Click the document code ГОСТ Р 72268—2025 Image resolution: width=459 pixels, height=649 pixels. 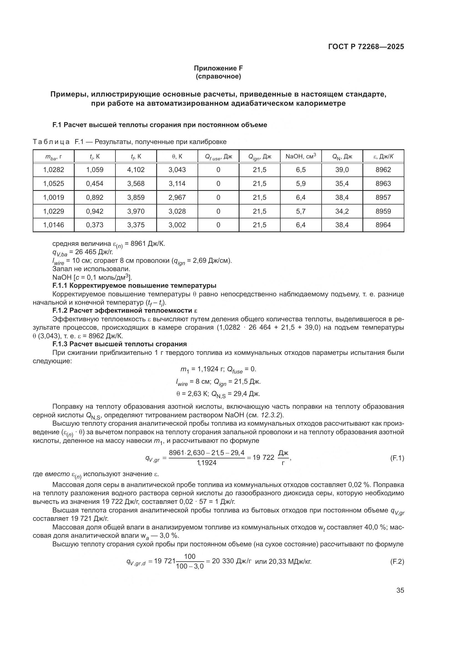coord(366,47)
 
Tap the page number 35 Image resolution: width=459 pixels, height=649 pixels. coord(400,590)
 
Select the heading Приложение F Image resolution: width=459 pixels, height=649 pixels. coord(218,68)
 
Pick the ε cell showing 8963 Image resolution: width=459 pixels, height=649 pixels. coord(383,183)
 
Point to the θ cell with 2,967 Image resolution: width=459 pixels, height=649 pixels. coord(177,197)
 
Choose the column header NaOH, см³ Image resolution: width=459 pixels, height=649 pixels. coord(301,156)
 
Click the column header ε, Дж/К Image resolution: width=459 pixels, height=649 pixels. coord(383,156)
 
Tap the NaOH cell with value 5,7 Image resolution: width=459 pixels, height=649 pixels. coord(301,211)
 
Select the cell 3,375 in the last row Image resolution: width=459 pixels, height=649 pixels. coord(136,225)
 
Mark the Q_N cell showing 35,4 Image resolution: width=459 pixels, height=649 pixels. coord(342,183)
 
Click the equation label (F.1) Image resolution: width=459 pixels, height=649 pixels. coord(397,458)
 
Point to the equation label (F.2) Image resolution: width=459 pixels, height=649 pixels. coord(397,562)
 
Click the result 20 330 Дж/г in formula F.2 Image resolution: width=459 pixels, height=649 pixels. coord(231,561)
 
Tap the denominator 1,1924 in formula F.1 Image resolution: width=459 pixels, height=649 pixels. coord(206,463)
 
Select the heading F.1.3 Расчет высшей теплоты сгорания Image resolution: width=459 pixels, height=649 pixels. coord(120,344)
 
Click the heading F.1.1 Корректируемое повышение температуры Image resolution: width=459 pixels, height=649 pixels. coord(134,286)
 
